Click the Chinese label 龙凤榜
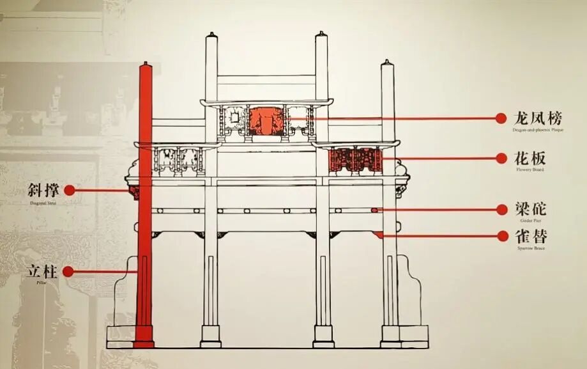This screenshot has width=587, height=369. click(538, 118)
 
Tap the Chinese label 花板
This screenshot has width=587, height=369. click(530, 158)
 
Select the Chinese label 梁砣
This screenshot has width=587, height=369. click(530, 209)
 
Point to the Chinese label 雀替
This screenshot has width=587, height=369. click(530, 236)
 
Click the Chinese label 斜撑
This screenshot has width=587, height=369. click(43, 191)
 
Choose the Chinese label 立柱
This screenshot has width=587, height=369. click(43, 271)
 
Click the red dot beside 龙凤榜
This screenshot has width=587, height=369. click(501, 118)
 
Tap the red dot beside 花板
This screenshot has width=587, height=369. click(501, 158)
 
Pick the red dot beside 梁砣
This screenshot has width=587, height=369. click(501, 209)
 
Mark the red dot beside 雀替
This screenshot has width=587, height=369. click(501, 236)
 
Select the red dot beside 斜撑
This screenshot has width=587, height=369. click(69, 190)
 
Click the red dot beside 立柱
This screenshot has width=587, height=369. click(68, 272)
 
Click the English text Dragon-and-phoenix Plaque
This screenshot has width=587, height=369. click(538, 130)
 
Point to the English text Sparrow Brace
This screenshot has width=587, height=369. click(530, 247)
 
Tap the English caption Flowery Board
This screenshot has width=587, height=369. click(530, 169)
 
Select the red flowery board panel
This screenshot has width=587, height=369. click(355, 160)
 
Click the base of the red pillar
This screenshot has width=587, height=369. click(144, 343)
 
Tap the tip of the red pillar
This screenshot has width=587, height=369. click(146, 64)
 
